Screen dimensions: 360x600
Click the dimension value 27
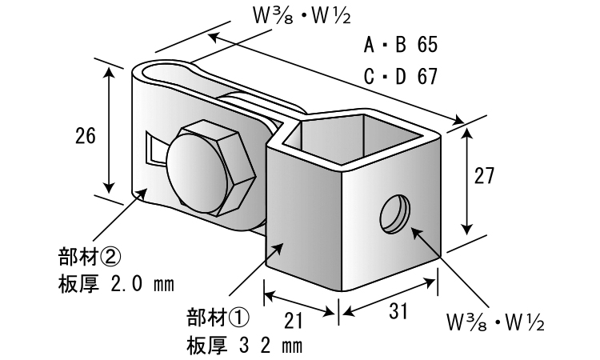(x=486, y=177)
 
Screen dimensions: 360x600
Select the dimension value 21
(x=294, y=320)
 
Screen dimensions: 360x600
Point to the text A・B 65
(x=400, y=45)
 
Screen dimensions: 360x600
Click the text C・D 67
(x=400, y=77)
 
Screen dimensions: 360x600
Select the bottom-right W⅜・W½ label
(x=497, y=324)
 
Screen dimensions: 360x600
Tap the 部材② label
(x=89, y=258)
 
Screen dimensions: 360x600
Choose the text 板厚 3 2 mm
(x=245, y=345)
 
